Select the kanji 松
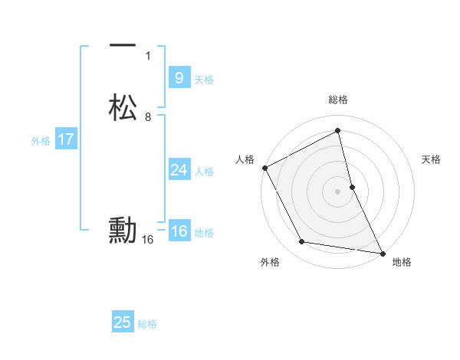[x=123, y=108]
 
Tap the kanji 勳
[x=123, y=230]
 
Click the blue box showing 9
[x=179, y=78]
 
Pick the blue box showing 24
[x=179, y=170]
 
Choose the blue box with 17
[x=66, y=140]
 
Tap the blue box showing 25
[x=123, y=322]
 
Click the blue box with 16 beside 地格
[x=179, y=231]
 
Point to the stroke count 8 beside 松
[x=148, y=117]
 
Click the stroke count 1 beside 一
[x=148, y=56]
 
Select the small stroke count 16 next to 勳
[x=148, y=240]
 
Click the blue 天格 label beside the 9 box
[x=204, y=80]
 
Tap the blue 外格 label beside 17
[x=41, y=141]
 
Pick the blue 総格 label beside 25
[x=147, y=324]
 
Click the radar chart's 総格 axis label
[x=337, y=100]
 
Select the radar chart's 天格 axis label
[x=432, y=159]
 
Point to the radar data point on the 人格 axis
[x=264, y=168]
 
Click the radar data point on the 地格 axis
[x=381, y=252]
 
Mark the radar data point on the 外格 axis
[x=302, y=243]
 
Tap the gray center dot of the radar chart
[x=337, y=191]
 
